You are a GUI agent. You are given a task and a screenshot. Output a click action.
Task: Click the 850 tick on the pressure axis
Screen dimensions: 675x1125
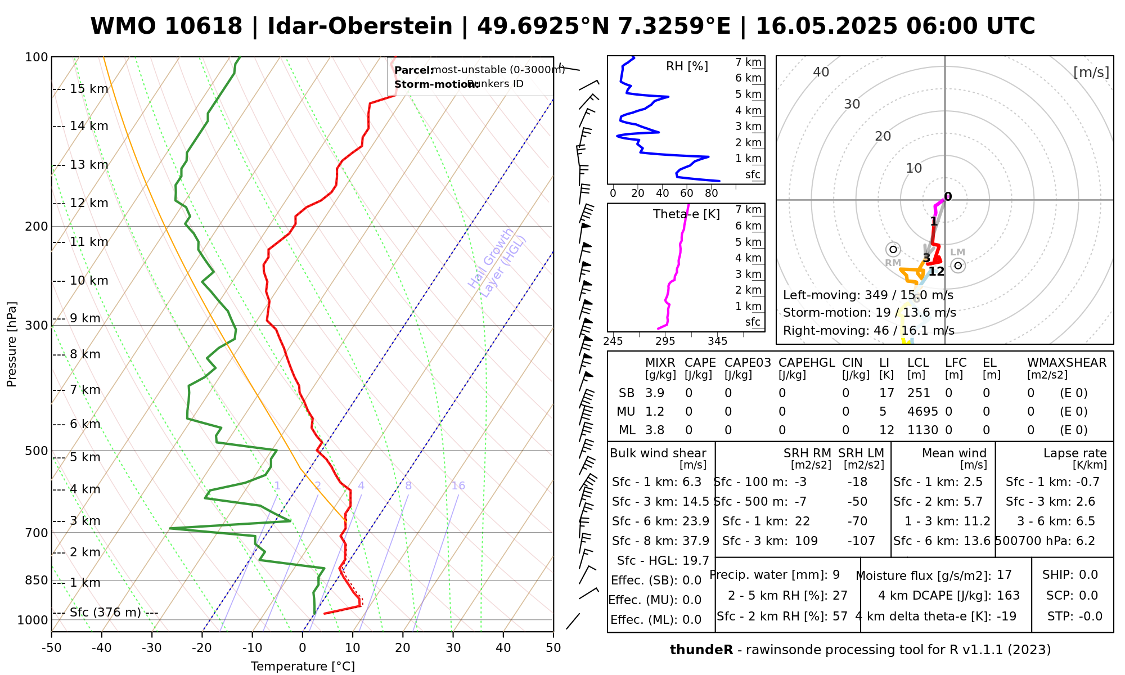tap(37, 580)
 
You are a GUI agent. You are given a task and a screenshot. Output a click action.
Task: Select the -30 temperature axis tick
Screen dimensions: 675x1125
tap(152, 648)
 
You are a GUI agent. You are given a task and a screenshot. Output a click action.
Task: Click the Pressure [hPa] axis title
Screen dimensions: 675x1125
tap(12, 344)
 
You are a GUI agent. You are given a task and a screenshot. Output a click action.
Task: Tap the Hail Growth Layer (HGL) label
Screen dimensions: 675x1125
tap(497, 263)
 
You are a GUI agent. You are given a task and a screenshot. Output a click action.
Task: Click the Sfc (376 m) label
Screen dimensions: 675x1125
tap(105, 613)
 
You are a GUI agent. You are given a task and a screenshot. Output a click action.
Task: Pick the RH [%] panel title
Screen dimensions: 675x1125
tap(687, 66)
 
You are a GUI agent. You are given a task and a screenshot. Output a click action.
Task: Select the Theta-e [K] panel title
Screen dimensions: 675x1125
tap(686, 214)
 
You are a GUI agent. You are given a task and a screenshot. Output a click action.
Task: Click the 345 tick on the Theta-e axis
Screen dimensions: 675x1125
tap(717, 341)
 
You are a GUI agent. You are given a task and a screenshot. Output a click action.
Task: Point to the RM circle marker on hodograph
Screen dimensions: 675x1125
tap(893, 249)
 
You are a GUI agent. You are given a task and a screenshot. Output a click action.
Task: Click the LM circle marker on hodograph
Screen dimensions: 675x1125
tap(958, 265)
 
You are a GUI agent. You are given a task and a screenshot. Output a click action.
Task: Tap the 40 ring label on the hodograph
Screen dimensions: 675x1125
tap(821, 72)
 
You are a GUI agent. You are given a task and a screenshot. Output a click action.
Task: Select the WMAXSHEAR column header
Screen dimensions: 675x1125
tap(1066, 363)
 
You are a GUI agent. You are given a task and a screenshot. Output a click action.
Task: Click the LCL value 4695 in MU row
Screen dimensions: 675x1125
tap(922, 412)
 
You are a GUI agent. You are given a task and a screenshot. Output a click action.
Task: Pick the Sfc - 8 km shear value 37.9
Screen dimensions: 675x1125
tap(696, 541)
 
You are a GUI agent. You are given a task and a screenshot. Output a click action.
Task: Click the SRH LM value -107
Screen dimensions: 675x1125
tap(861, 541)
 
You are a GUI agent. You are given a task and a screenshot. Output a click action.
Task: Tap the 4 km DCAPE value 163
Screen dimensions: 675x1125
tap(1008, 596)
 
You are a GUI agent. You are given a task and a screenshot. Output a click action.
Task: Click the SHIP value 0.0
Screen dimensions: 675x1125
tap(1088, 575)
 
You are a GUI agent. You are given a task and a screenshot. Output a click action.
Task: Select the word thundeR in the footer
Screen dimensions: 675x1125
tap(701, 650)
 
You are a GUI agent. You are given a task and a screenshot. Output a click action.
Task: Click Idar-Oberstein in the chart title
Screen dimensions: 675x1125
tap(360, 26)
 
